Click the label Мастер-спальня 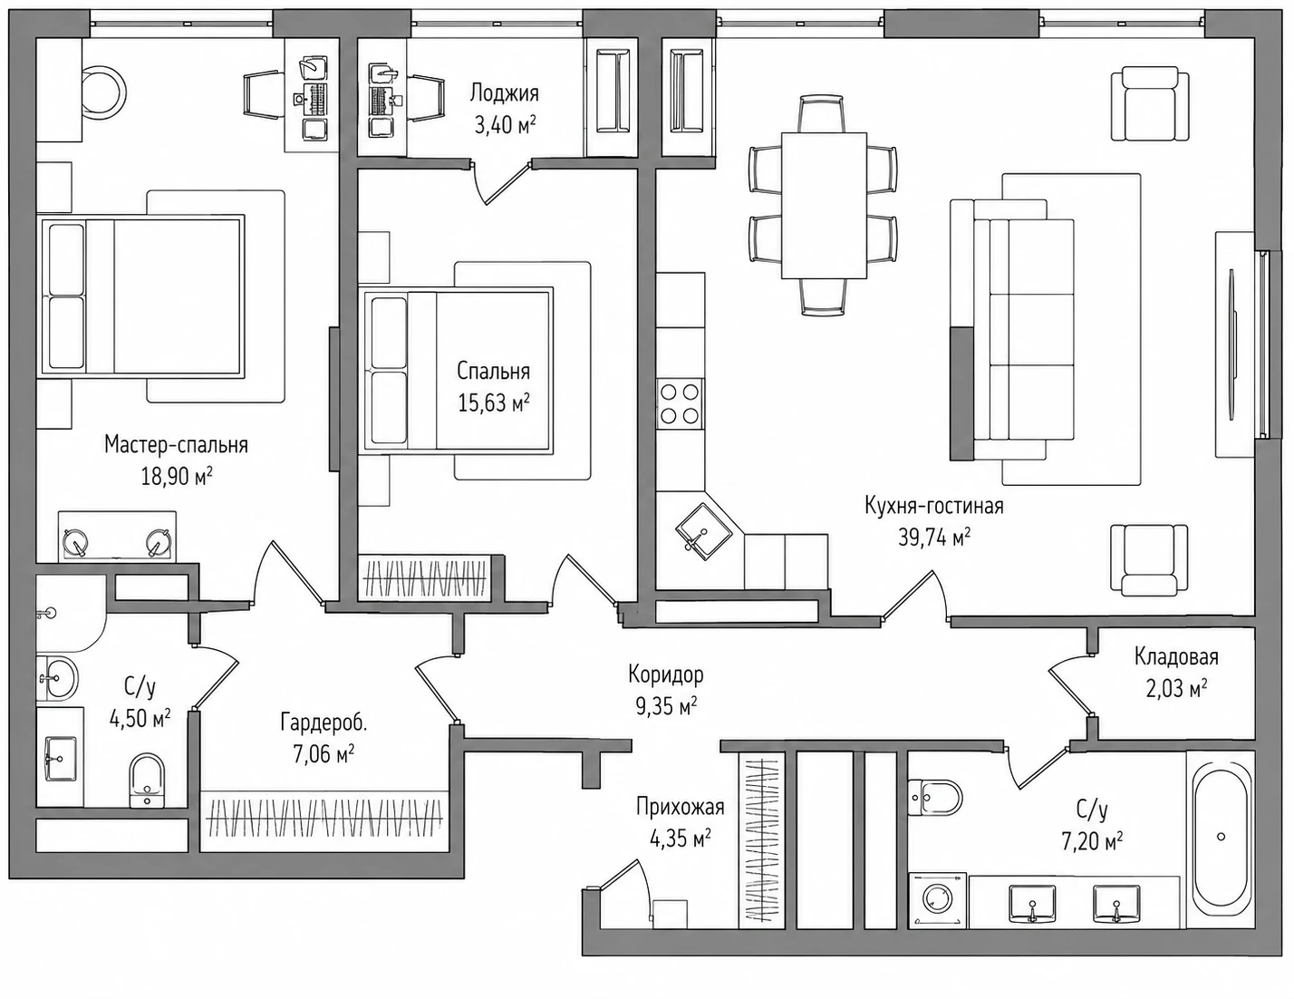177,445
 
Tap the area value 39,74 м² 933,538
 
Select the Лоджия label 505,93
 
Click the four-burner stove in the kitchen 680,403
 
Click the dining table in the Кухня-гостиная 824,205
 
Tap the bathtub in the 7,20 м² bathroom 1221,839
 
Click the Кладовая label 1176,656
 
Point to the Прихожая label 680,807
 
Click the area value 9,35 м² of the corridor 666,706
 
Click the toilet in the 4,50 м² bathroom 147,781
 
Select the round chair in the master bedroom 101,92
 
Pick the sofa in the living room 1012,329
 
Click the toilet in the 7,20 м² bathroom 935,798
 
